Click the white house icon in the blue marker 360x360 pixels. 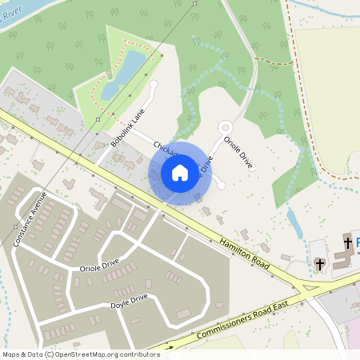(180, 173)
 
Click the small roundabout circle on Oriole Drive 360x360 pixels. (226, 127)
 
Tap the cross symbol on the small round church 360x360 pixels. (320, 263)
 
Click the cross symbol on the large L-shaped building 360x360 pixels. (347, 242)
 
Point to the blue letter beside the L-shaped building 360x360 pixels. (357, 242)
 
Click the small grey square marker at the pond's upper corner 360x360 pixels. (162, 57)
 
